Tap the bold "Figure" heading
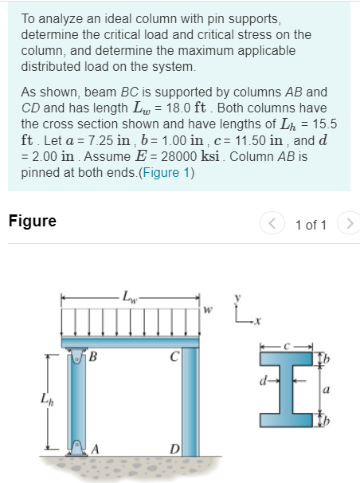[33, 222]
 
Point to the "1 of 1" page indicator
[311, 223]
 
